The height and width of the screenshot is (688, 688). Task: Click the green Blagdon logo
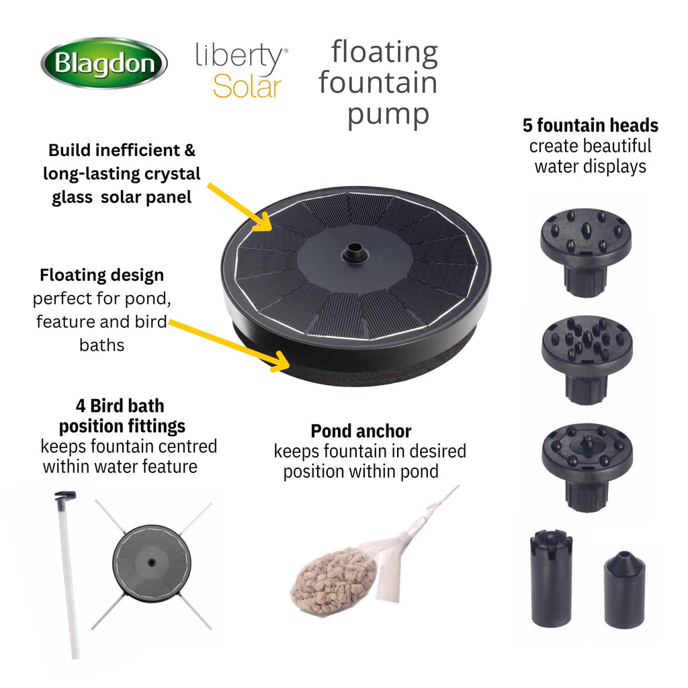(104, 62)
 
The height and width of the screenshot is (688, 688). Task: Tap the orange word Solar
(247, 87)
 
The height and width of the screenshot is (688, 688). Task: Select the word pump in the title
(388, 115)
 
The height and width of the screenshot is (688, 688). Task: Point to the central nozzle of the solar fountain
(355, 253)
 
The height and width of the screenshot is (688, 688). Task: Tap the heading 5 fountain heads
(590, 126)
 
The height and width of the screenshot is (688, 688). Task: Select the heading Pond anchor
(361, 431)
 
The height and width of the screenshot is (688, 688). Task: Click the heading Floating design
(102, 275)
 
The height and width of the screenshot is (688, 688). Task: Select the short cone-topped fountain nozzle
(624, 589)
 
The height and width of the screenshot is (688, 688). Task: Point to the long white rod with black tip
(69, 575)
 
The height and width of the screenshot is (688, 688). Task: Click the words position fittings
(122, 426)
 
